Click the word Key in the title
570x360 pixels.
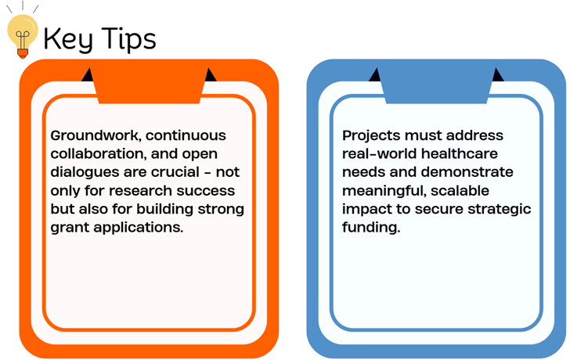coord(68,39)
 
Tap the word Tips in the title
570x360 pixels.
coord(128,39)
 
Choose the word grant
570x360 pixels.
coord(70,229)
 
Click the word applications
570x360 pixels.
coord(138,229)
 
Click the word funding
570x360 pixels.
coord(371,229)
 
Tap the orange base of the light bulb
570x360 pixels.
coord(23,53)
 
